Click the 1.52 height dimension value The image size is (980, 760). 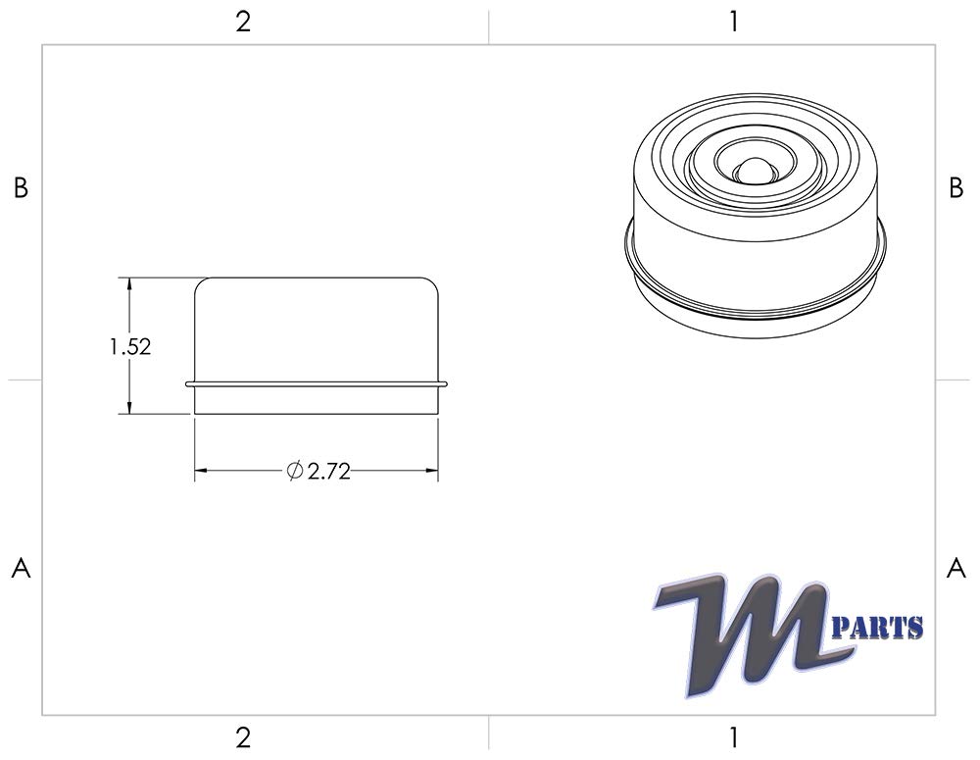129,347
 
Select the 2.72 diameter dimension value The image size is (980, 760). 328,473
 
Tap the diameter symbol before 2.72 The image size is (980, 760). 294,472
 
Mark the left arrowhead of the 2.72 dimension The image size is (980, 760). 200,472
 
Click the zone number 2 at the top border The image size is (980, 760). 243,22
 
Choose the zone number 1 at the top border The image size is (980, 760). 734,22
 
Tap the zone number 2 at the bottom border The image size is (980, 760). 243,737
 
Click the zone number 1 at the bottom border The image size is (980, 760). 734,737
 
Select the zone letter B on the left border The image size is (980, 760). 21,189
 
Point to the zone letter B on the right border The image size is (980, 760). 956,189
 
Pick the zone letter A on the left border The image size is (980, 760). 21,569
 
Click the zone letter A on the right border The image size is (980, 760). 956,569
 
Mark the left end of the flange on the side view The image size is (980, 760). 187,383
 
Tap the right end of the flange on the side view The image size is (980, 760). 446,383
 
